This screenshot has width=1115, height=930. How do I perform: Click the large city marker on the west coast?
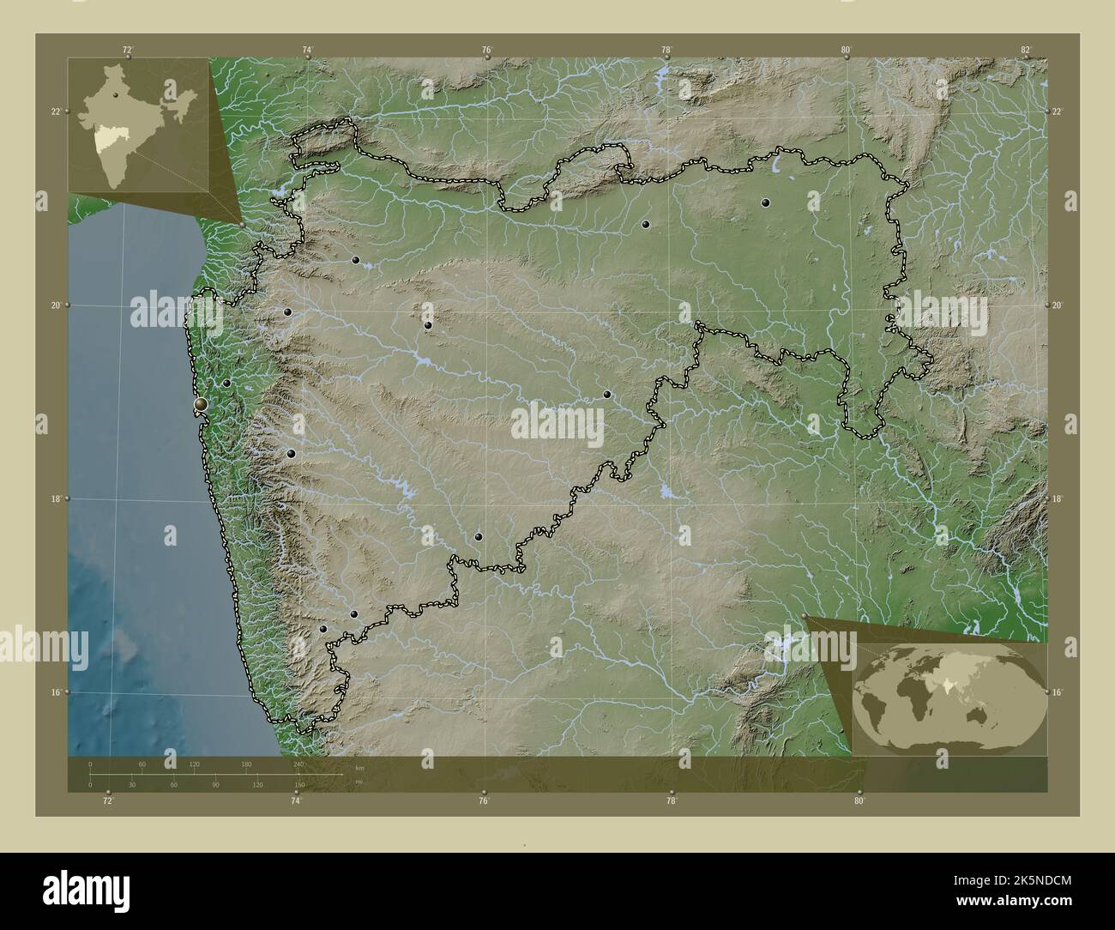[x=202, y=403]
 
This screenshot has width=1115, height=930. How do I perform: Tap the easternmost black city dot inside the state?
[x=765, y=203]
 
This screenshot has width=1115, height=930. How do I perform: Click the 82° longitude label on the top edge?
[x=1026, y=49]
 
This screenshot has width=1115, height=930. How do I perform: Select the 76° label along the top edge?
[x=486, y=49]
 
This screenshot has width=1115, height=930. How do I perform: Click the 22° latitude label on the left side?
[x=56, y=112]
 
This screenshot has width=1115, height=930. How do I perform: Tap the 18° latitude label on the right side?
[x=1058, y=498]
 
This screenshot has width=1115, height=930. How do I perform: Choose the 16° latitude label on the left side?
[x=56, y=692]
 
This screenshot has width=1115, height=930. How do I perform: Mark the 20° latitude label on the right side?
[x=1058, y=305]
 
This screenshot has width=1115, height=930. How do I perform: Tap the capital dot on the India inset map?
[x=113, y=95]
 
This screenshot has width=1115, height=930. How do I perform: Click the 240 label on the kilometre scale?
[x=298, y=764]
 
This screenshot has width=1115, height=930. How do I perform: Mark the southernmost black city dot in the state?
[x=323, y=629]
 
